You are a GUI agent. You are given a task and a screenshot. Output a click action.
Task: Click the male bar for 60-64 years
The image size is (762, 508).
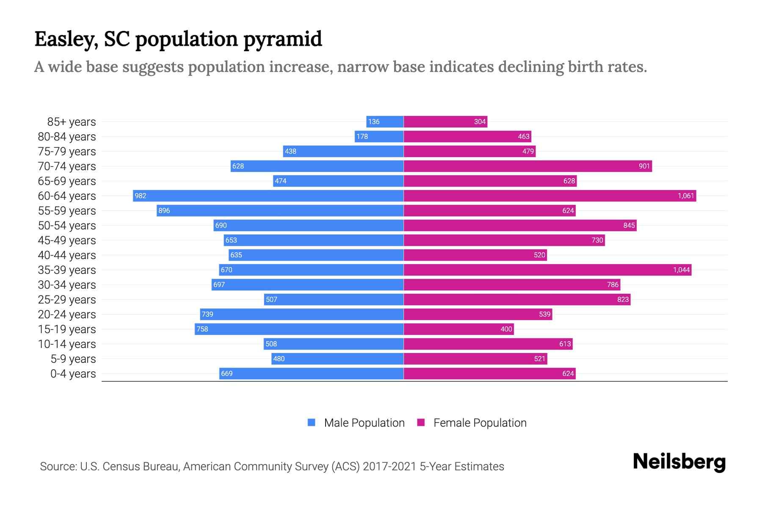268,196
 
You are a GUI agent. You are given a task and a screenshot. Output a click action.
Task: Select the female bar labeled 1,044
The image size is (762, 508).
547,270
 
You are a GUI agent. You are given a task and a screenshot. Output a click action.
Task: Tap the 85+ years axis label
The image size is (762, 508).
71,122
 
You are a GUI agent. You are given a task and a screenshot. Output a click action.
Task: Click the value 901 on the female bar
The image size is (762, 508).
644,166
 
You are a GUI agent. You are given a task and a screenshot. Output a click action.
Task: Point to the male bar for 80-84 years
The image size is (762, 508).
379,136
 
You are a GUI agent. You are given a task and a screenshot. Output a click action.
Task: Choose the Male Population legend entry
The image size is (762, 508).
364,422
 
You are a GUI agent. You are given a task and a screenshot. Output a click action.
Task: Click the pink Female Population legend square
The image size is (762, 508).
421,422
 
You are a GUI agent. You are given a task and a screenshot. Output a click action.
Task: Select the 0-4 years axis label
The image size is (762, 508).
73,374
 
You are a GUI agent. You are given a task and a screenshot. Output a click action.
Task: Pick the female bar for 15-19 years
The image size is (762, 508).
458,329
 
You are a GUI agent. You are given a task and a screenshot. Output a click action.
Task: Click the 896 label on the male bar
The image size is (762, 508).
164,210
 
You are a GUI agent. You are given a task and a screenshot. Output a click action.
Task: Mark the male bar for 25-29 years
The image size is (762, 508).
334,299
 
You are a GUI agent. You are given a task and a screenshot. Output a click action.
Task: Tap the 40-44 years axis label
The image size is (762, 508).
67,255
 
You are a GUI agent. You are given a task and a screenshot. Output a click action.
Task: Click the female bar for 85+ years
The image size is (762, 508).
445,121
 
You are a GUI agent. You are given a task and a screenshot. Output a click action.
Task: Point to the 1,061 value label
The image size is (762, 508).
685,196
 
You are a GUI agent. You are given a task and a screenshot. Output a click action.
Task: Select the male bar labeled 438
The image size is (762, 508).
343,151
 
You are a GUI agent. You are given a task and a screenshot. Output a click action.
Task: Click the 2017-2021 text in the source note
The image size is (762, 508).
389,467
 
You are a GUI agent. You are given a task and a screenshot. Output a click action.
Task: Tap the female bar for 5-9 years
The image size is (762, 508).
475,359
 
